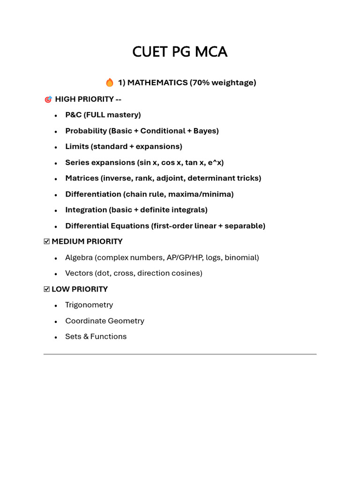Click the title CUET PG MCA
[180, 52]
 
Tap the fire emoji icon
[110, 83]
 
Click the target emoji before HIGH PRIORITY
[48, 99]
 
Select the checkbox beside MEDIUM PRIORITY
[46, 241]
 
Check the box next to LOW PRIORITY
[46, 289]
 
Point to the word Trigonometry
[89, 305]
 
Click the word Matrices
[82, 178]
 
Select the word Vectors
[79, 273]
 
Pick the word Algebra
[79, 257]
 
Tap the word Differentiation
[93, 194]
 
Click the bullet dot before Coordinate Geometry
[56, 322]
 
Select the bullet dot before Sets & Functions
[56, 337]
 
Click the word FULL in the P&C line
[96, 115]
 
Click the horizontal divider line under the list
[180, 354]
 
